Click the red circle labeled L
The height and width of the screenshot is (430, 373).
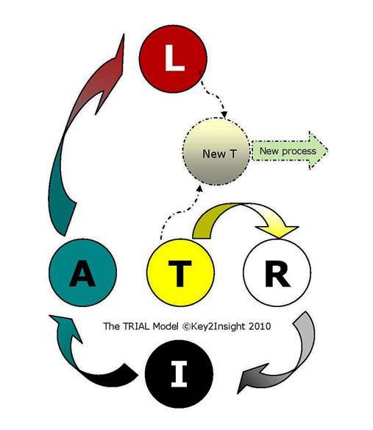pos(173,59)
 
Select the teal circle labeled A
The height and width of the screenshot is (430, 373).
pos(83,272)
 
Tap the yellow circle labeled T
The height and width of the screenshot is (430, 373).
pos(180,272)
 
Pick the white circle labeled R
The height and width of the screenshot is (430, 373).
pos(277,272)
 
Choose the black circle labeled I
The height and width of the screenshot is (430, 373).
pos(179,374)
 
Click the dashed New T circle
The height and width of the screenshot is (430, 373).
pos(216,151)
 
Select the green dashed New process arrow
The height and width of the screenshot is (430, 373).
pos(290,150)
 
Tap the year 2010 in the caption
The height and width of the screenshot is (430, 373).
pos(260,326)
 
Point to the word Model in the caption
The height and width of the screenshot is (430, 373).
pos(166,326)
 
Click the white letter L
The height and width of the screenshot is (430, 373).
pos(174,58)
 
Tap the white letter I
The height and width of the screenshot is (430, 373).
pos(179,374)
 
